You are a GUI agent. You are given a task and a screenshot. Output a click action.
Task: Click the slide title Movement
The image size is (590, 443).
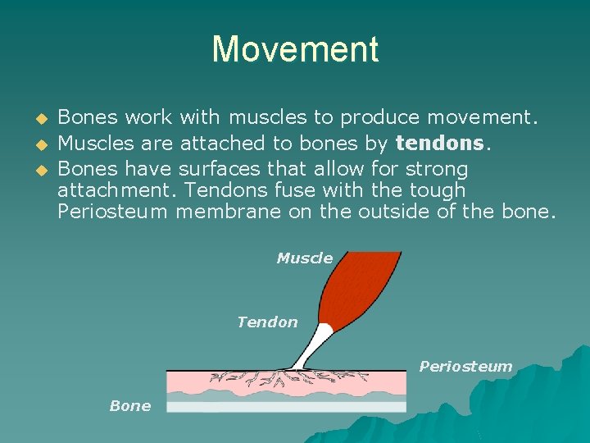295,49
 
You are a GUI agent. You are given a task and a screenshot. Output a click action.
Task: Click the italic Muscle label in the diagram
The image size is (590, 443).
304,258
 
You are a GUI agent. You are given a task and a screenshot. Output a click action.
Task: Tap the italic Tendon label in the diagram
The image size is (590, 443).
267,322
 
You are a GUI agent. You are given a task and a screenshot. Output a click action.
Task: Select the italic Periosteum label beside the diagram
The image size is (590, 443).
465,367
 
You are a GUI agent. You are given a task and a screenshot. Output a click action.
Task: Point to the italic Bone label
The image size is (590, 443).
129,406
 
